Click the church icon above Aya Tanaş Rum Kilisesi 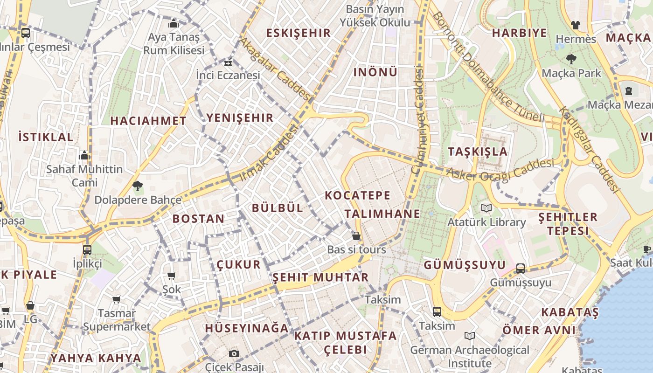tap(174, 23)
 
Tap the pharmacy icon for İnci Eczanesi tap(228, 62)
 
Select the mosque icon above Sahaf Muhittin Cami tap(84, 155)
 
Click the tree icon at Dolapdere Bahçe tap(138, 186)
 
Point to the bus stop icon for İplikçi tap(87, 249)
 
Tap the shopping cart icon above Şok tap(171, 276)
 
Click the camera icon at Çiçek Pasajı tap(234, 353)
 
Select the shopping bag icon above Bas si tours tap(356, 236)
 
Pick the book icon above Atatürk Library tap(486, 208)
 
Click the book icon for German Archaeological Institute tap(470, 336)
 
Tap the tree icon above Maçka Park tap(571, 59)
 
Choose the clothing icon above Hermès tap(576, 25)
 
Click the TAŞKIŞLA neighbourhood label tap(478, 152)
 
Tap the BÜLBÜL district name tap(278, 208)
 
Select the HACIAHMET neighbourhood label tap(148, 121)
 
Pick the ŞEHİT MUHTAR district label tap(320, 278)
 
